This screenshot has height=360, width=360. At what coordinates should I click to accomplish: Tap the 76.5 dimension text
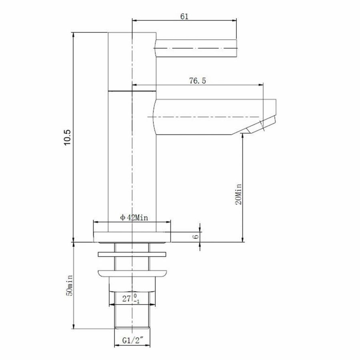click(x=198, y=81)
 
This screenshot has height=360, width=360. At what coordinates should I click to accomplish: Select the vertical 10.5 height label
click(x=67, y=138)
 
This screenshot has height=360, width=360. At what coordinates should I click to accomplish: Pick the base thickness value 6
click(x=195, y=236)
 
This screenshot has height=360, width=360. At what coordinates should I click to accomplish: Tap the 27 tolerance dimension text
click(x=129, y=298)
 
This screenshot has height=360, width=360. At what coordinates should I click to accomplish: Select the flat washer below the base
click(x=132, y=254)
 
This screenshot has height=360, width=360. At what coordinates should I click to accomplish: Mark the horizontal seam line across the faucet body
click(x=132, y=91)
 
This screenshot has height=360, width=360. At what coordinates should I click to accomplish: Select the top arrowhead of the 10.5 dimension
click(x=73, y=34)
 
